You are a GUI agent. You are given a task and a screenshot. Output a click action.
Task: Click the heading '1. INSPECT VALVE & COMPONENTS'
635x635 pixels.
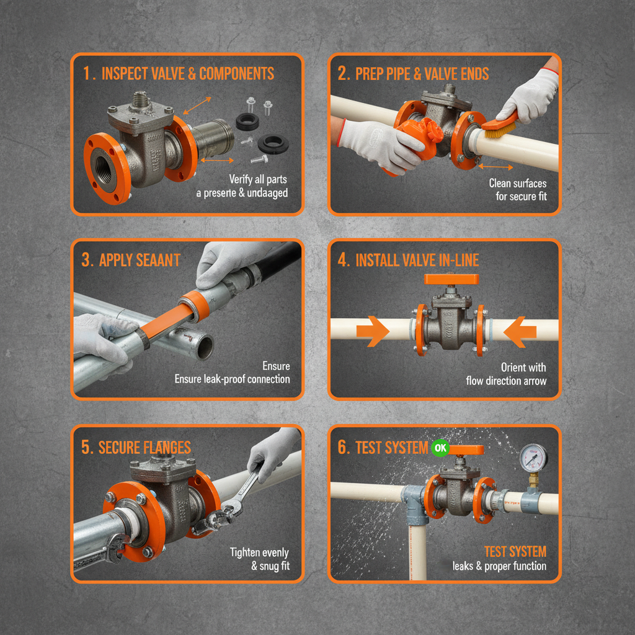tap(179, 73)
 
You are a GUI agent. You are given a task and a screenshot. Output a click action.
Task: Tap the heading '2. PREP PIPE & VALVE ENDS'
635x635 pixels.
tap(413, 74)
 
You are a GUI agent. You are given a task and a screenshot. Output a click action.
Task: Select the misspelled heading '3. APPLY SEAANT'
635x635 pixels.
tap(131, 259)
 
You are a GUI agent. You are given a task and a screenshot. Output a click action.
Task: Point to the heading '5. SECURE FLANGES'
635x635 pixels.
tap(136, 447)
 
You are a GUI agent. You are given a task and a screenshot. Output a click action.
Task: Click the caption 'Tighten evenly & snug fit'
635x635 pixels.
tap(259, 559)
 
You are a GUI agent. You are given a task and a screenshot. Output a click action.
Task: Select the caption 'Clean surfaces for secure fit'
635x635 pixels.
tap(517, 190)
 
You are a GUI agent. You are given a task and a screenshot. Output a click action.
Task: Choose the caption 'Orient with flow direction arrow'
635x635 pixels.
tap(506, 374)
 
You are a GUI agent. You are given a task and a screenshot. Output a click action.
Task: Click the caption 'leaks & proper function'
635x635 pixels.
tap(499, 566)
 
